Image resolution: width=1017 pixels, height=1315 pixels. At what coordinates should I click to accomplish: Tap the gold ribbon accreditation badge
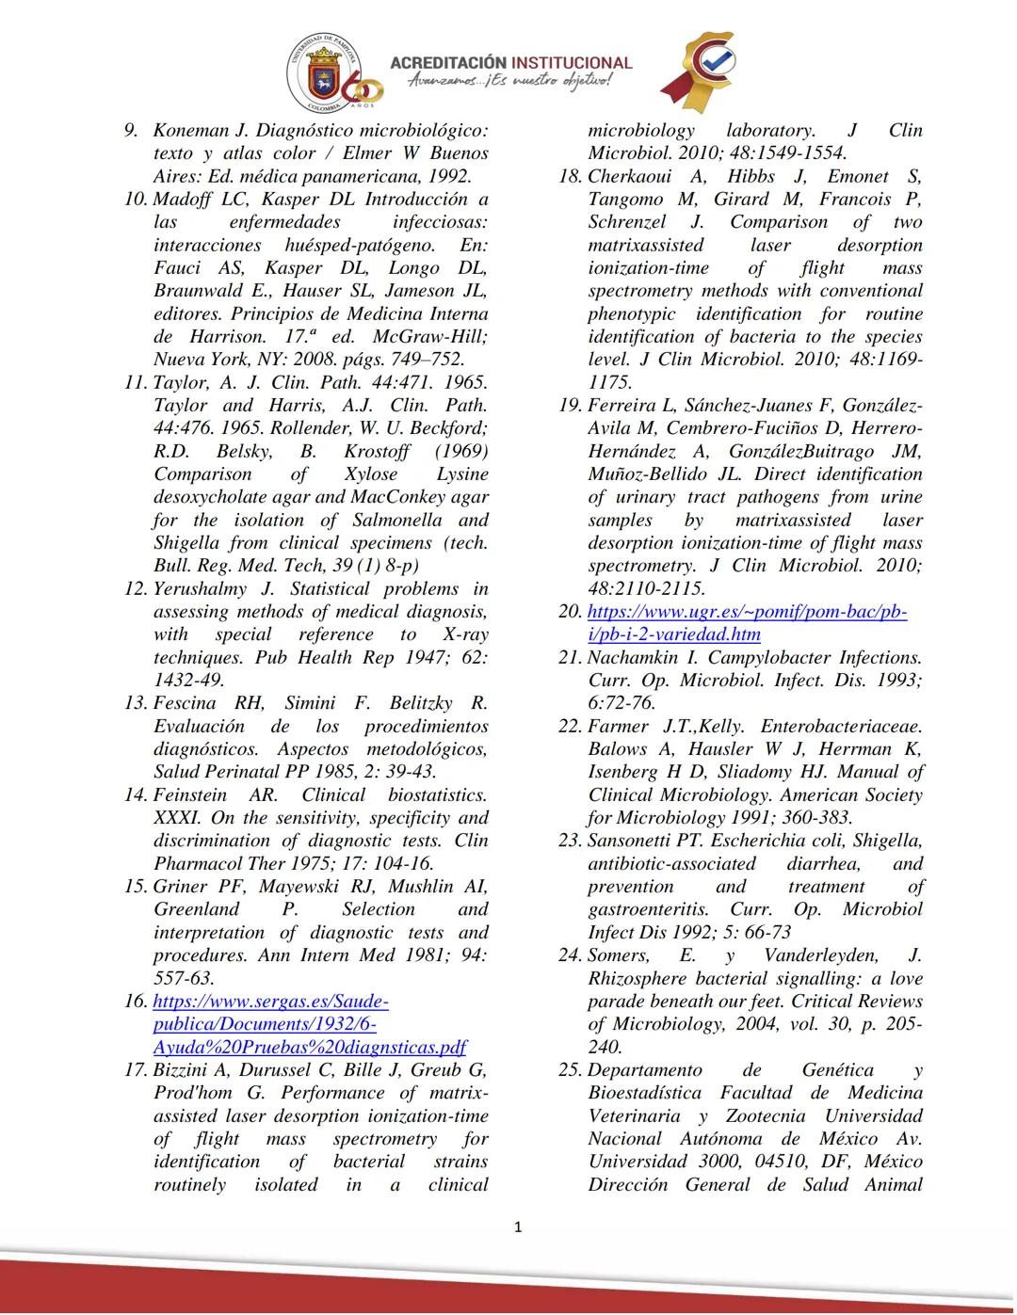698,70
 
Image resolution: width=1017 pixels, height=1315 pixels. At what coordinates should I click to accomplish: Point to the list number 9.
133,131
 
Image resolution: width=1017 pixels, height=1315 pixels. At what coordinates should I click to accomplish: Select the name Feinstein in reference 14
191,795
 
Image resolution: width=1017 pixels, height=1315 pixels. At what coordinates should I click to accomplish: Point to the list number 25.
570,1070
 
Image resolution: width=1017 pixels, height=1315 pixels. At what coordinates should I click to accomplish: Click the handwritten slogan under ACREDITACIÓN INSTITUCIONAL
508,82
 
